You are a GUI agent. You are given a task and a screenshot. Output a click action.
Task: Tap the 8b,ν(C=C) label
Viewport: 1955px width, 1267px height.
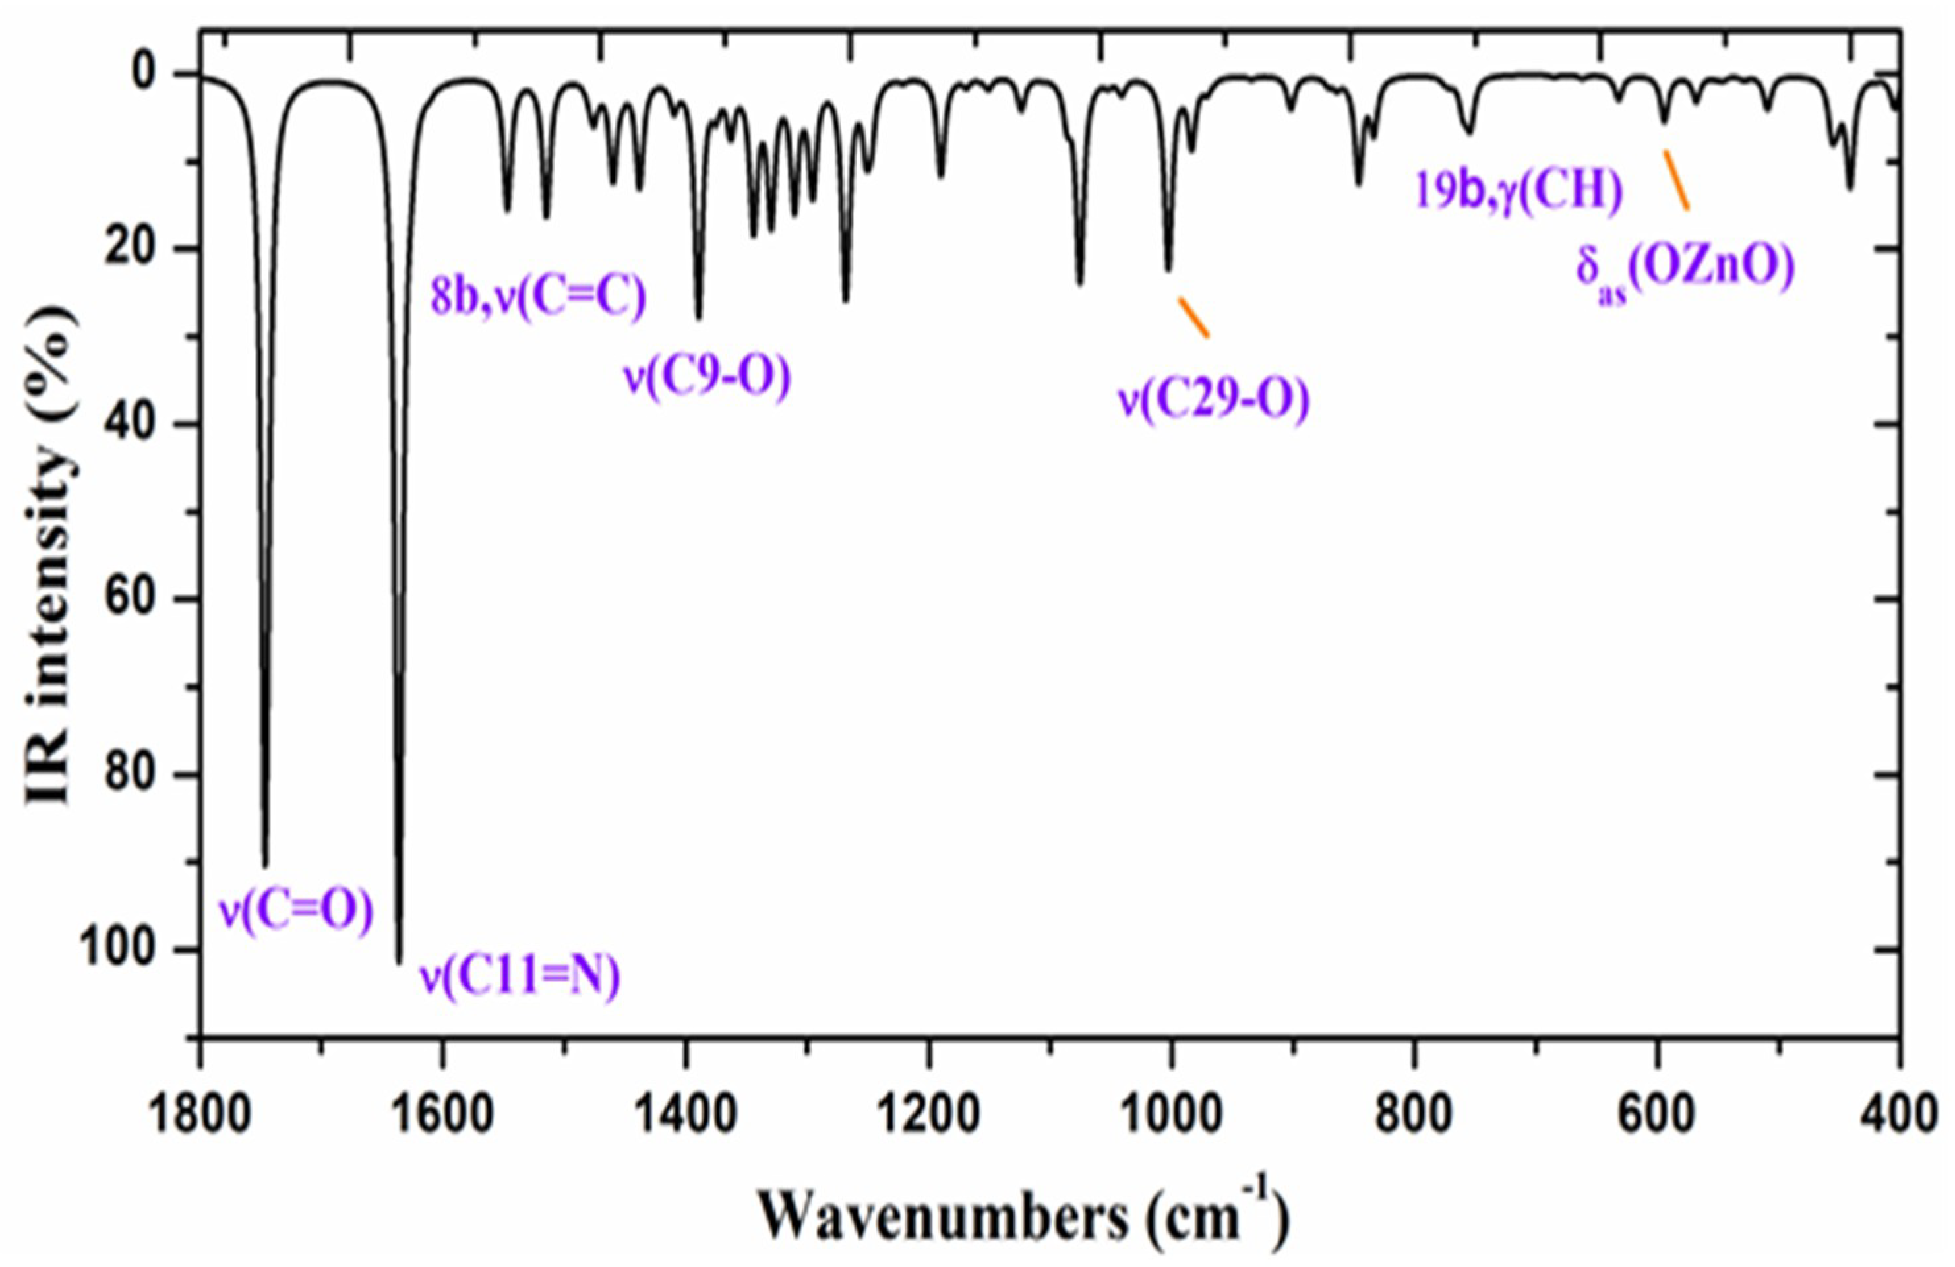coord(539,297)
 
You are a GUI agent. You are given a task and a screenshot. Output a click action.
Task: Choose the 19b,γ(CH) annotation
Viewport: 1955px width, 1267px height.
coord(1518,191)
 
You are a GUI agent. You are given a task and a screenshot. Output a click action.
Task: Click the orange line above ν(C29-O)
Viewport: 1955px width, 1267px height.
coord(1193,317)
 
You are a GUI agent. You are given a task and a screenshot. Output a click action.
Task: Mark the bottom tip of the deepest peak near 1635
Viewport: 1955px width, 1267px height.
coord(399,962)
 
